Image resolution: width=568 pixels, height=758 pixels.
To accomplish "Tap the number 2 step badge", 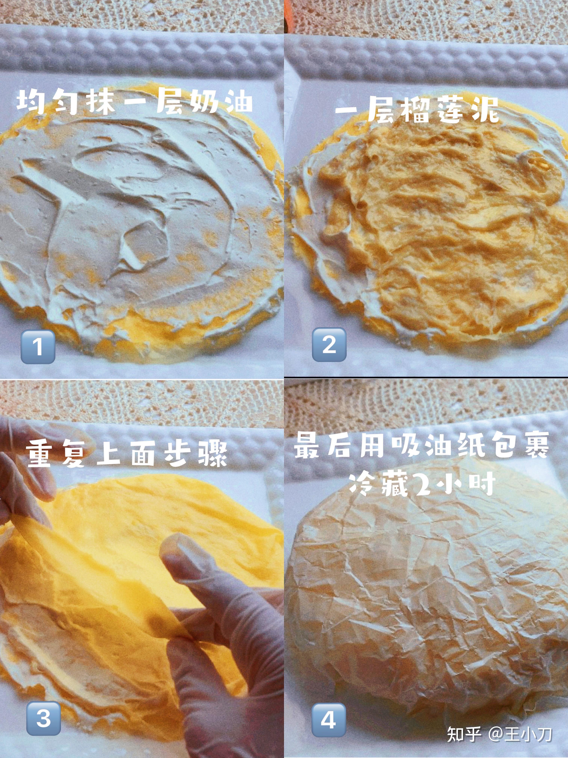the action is click(329, 344).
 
